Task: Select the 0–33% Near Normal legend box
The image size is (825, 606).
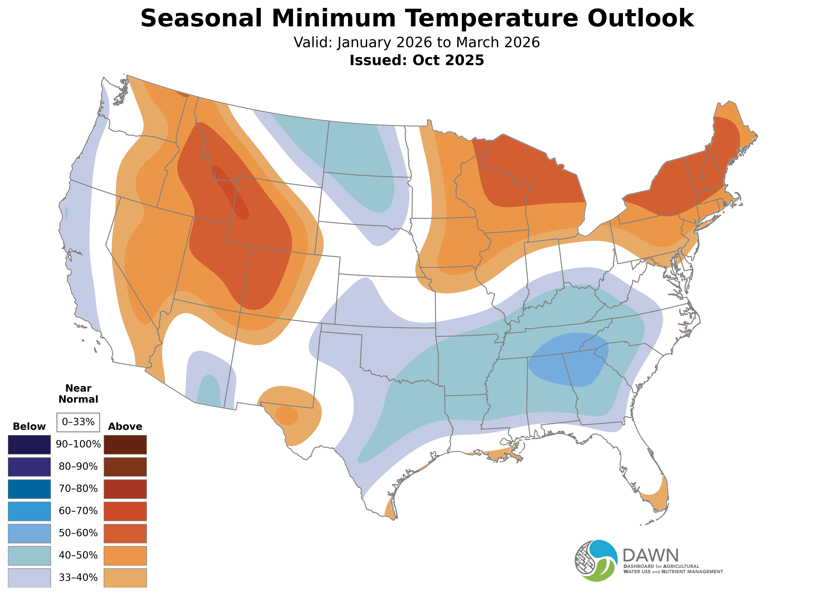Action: click(x=78, y=422)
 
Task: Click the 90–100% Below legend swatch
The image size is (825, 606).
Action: click(x=29, y=445)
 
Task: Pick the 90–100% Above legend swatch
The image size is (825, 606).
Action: click(x=125, y=445)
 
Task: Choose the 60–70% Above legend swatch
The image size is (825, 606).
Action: click(x=125, y=511)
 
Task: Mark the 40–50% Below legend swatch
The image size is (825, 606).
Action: click(x=29, y=555)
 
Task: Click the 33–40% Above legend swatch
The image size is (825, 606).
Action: click(x=125, y=578)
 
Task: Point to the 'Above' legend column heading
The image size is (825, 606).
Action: click(x=125, y=427)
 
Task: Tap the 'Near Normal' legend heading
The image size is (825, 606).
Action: click(x=78, y=394)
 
